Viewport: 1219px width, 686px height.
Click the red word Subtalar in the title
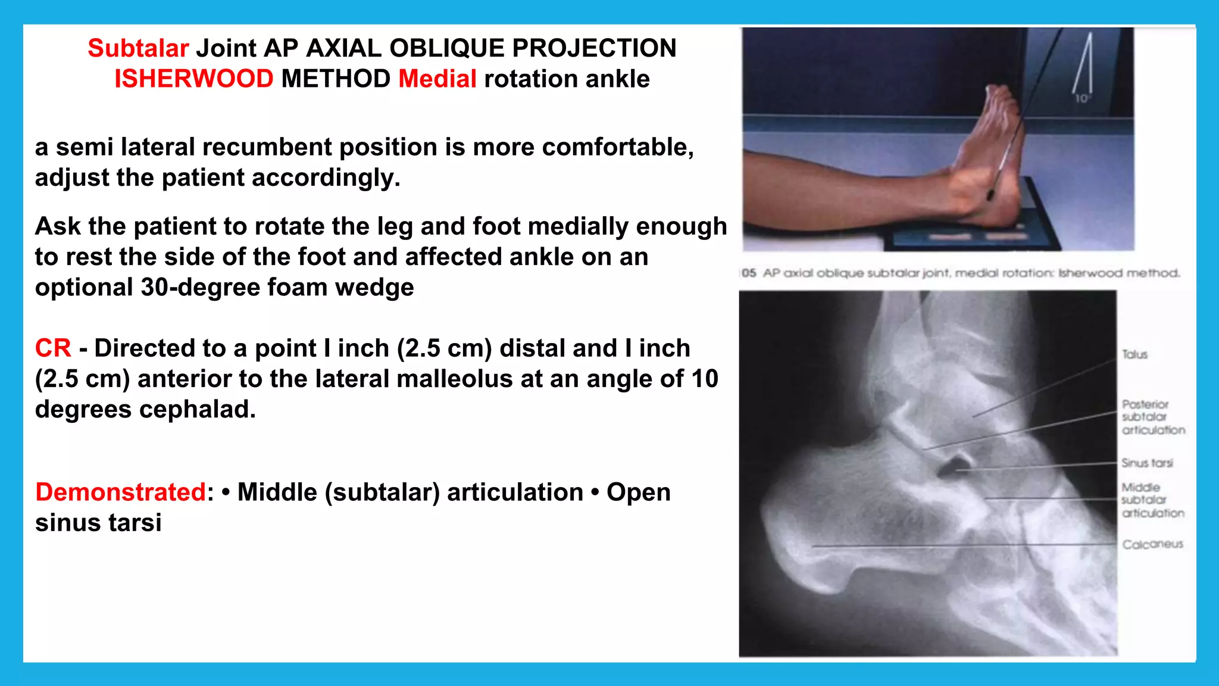point(138,48)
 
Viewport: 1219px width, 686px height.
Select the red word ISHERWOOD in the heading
point(193,79)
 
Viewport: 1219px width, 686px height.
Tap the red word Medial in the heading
point(437,79)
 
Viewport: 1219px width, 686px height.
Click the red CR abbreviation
point(53,348)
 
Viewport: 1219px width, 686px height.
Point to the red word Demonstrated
point(121,492)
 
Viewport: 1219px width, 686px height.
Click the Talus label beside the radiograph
point(1134,354)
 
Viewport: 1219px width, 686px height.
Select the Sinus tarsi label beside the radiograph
point(1147,463)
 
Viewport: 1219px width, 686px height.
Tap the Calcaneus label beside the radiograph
point(1152,544)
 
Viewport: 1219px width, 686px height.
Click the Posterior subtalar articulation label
point(1152,417)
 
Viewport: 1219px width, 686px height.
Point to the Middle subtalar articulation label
point(1152,500)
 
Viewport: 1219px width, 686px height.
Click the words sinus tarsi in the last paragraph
point(98,523)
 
